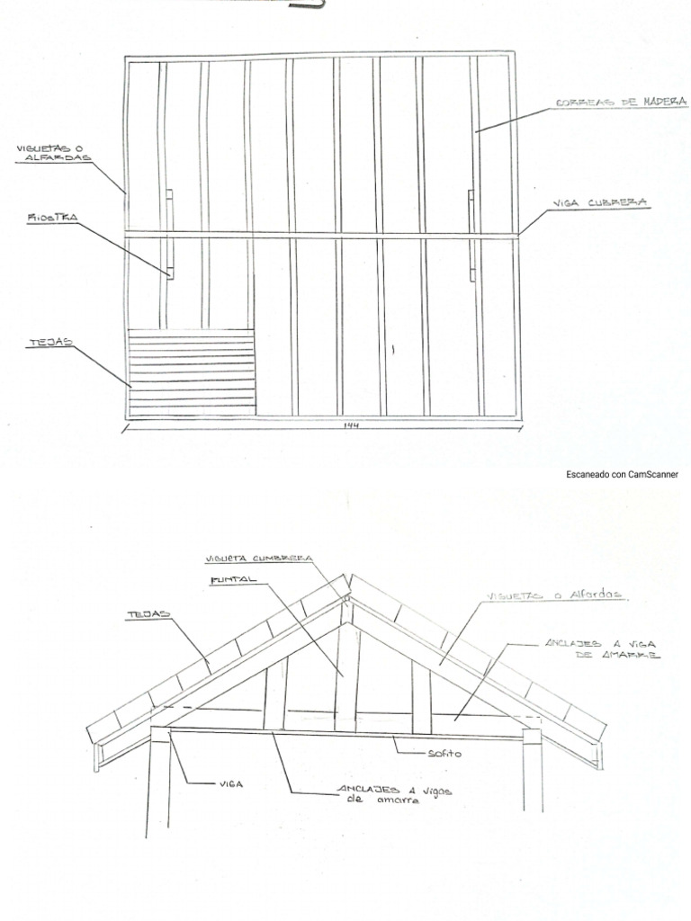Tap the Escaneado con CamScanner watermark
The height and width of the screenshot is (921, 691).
pyautogui.click(x=622, y=474)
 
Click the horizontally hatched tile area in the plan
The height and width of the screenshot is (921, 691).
pyautogui.click(x=190, y=372)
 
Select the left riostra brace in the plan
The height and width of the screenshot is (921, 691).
pyautogui.click(x=168, y=234)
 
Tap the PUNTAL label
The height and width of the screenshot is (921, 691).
pyautogui.click(x=233, y=580)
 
